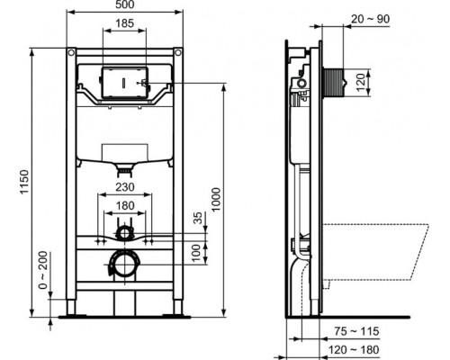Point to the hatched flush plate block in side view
click(x=334, y=79)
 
